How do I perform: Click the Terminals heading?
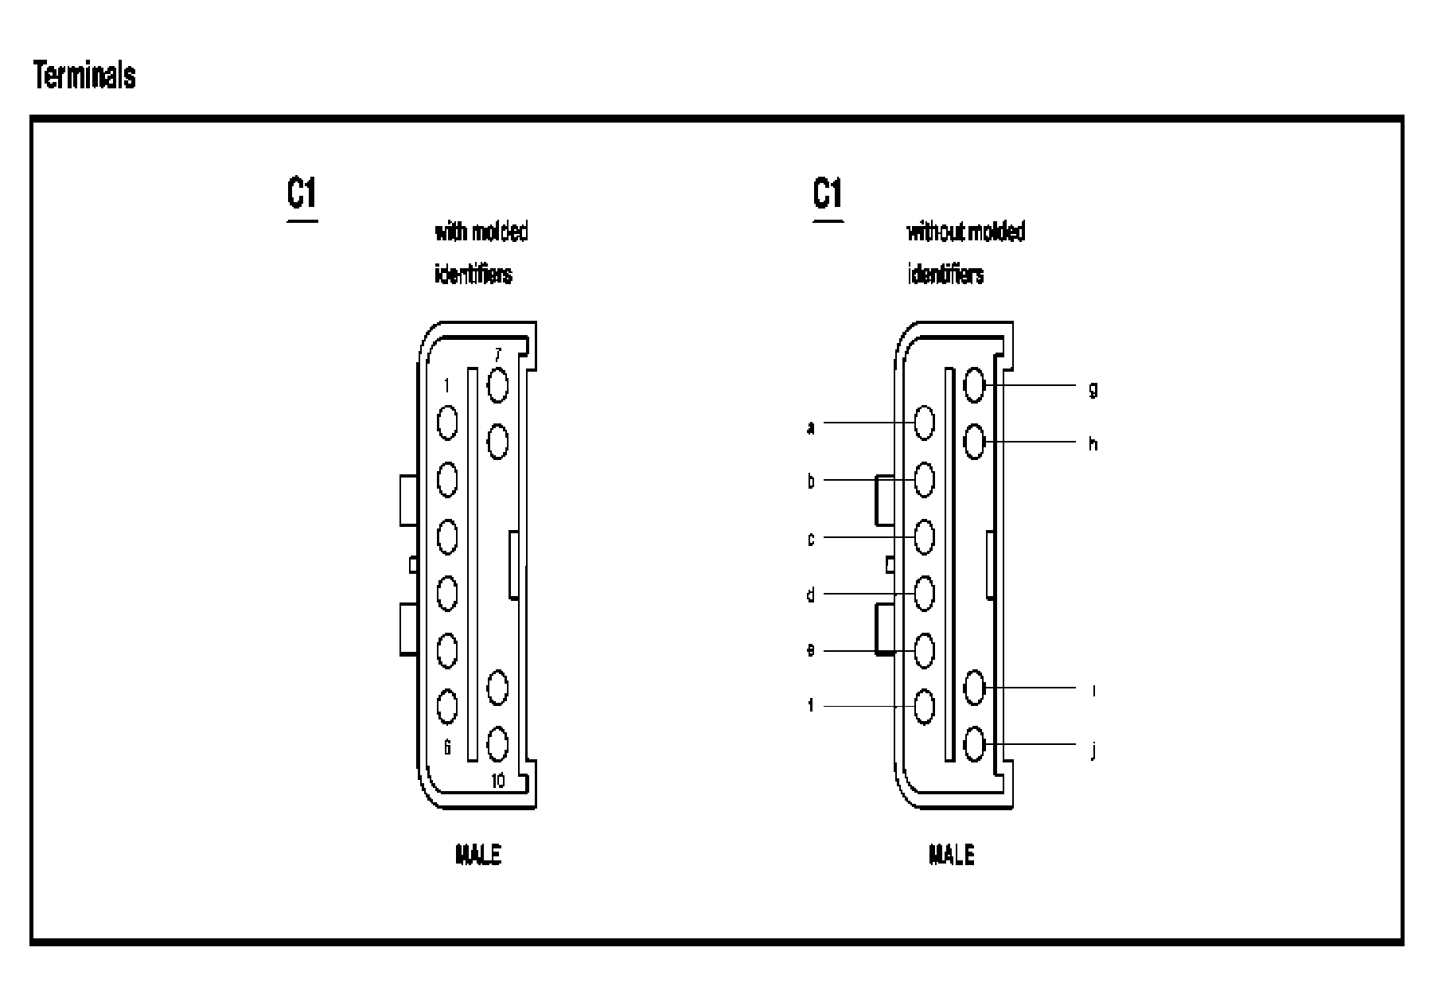coord(84,76)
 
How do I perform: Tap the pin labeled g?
coord(974,385)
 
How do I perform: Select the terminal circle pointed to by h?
coord(974,441)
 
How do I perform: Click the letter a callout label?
coord(811,428)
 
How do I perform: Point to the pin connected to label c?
coord(924,536)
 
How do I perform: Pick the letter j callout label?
coord(1093,751)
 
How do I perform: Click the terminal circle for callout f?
coord(924,706)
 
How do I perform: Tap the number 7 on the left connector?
coord(498,355)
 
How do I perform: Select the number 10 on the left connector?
coord(497,781)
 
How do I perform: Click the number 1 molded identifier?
coord(446,386)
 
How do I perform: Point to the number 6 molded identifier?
coord(447,747)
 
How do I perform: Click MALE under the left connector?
coord(477,856)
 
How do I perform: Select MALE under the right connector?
coord(952,856)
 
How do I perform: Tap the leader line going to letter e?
coord(863,651)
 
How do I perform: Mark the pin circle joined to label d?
coord(924,593)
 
